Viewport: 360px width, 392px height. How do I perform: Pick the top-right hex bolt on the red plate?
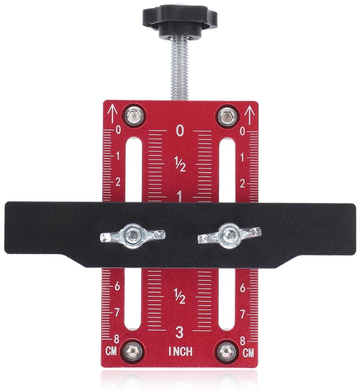tap(227, 116)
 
